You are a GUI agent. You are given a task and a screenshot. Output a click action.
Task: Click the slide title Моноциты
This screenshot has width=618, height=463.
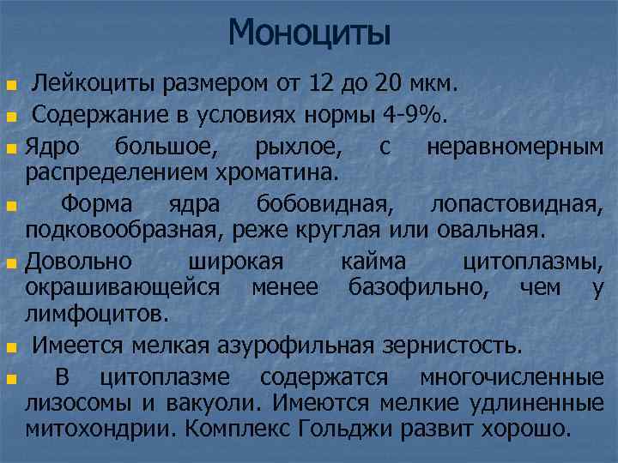coord(309,33)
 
